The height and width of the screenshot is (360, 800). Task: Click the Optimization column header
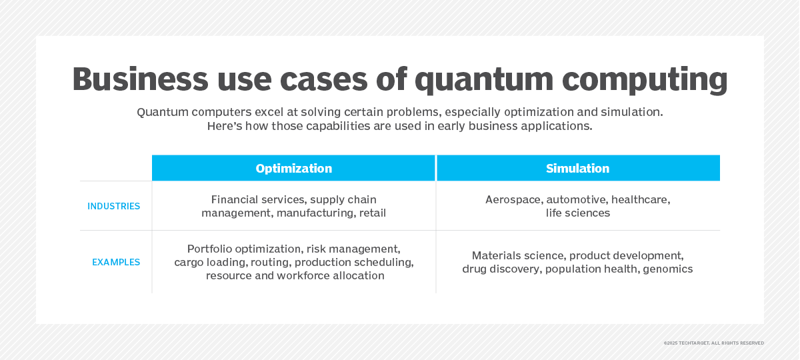tap(293, 168)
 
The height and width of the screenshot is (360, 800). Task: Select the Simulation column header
tap(577, 168)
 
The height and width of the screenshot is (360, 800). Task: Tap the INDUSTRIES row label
tap(113, 206)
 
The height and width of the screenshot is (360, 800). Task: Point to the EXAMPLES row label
tap(116, 262)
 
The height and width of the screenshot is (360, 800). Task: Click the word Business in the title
tap(141, 79)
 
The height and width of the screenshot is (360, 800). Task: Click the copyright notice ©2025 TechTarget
tap(713, 343)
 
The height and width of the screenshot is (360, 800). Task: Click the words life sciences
tap(577, 213)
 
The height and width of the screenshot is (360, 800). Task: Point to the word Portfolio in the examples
tap(209, 249)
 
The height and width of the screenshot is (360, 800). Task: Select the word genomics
tap(667, 269)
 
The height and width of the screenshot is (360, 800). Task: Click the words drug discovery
tap(501, 269)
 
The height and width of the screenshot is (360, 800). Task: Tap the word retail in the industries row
tap(373, 213)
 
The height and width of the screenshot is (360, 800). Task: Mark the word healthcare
tap(641, 199)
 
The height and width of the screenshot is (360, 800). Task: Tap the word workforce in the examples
tap(303, 276)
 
